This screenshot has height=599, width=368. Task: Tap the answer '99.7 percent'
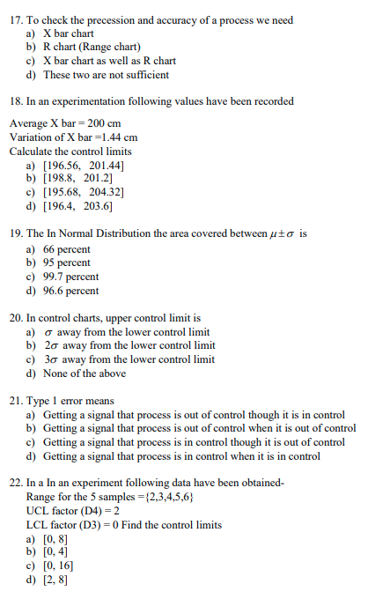pyautogui.click(x=70, y=277)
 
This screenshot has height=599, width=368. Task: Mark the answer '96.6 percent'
pyautogui.click(x=70, y=291)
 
